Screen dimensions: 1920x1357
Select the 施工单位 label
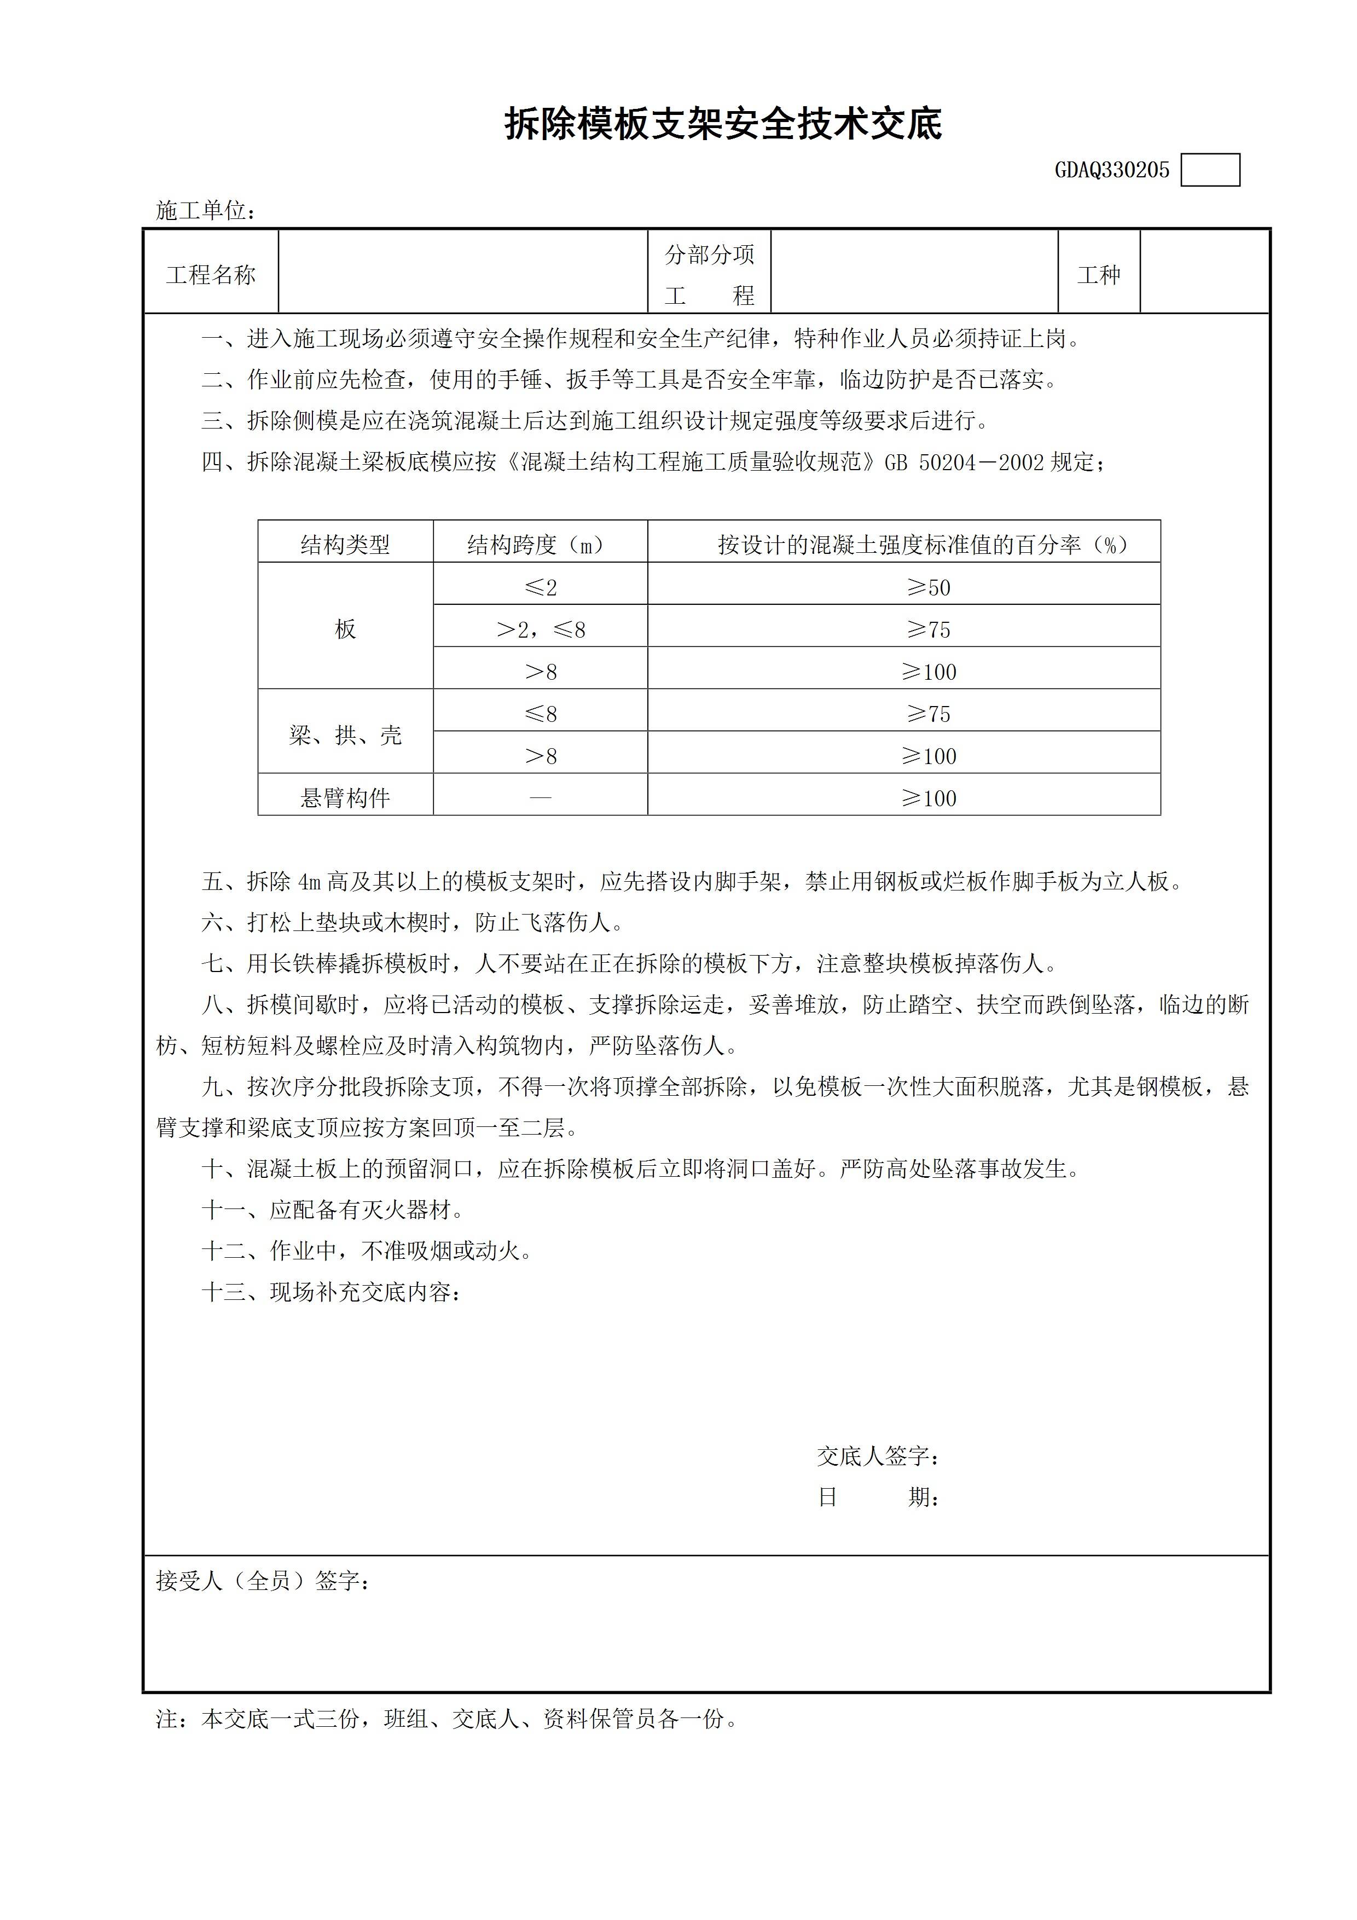point(205,211)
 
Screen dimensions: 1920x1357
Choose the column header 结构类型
point(345,545)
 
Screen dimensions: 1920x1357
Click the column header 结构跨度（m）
point(540,545)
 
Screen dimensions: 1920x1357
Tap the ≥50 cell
point(928,587)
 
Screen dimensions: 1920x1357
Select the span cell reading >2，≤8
point(540,629)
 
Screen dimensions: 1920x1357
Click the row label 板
point(345,629)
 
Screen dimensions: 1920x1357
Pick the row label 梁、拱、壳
point(345,735)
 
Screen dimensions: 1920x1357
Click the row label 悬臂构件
point(345,798)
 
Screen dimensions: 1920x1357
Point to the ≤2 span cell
point(540,587)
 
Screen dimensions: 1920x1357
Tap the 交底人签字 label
point(878,1456)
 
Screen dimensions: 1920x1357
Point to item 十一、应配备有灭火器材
point(332,1209)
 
